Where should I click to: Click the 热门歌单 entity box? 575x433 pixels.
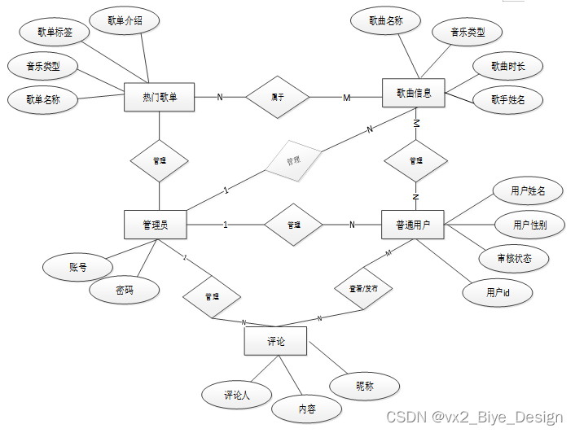(x=160, y=98)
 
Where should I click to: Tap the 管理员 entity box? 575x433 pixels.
(x=156, y=225)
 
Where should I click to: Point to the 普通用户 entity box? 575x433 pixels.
(x=413, y=225)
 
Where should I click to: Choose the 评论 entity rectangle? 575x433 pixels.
(x=276, y=341)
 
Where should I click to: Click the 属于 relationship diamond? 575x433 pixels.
(x=278, y=98)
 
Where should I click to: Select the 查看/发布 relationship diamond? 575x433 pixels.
(x=362, y=287)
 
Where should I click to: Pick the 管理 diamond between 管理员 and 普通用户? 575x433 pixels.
(x=292, y=225)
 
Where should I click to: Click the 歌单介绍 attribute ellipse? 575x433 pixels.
(x=125, y=21)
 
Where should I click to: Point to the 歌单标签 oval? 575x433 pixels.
(x=55, y=33)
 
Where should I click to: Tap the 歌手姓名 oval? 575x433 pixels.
(x=507, y=100)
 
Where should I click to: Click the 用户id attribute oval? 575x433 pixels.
(x=497, y=291)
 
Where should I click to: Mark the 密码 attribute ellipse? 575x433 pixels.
(x=125, y=290)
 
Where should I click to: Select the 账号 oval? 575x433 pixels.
(x=77, y=266)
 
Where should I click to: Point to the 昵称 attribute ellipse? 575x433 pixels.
(x=365, y=386)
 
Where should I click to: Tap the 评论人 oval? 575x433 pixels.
(x=236, y=395)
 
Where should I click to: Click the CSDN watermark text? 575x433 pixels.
(x=475, y=417)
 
